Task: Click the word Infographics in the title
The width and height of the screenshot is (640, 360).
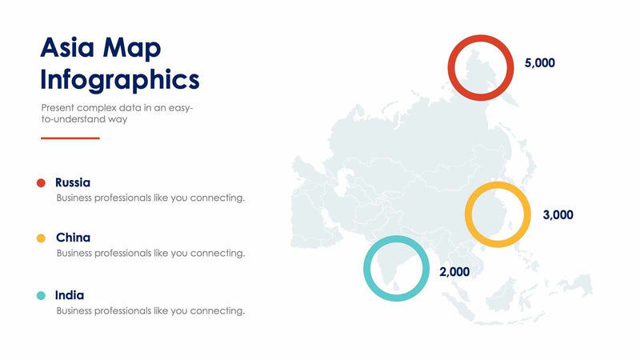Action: tap(120, 79)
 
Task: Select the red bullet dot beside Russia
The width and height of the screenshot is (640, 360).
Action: tap(41, 182)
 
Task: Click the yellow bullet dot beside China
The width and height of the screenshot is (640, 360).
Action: tap(41, 238)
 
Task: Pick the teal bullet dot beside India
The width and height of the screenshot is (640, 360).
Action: tap(41, 295)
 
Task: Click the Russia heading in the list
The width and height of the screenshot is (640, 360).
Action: tap(73, 182)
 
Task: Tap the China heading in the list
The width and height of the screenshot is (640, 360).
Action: tap(73, 238)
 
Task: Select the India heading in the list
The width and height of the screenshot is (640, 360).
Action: tap(70, 295)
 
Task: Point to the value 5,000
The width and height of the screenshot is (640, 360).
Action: tap(539, 62)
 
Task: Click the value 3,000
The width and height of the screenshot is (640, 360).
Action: tap(558, 214)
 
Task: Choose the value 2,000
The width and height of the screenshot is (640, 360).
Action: tap(454, 271)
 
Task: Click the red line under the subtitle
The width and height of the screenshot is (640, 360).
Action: tap(70, 138)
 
